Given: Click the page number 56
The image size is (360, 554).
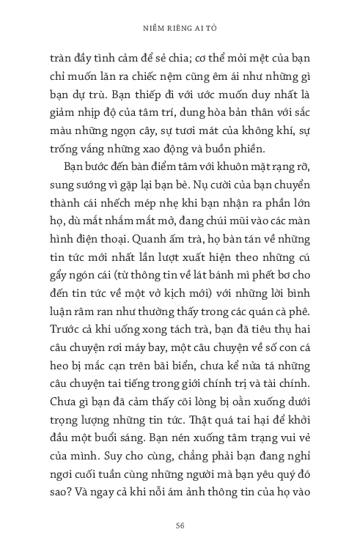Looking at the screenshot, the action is [180, 525].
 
